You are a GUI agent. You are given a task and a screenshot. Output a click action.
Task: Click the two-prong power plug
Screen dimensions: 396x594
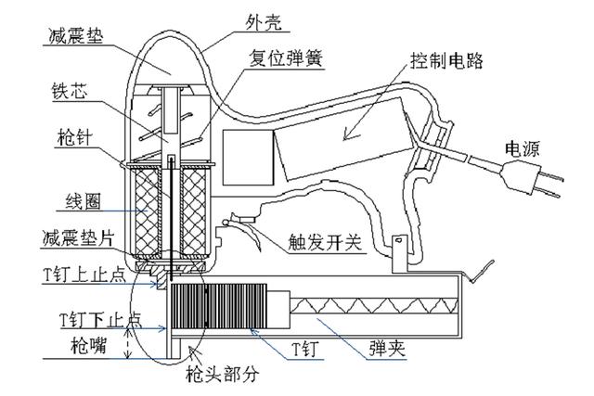547,182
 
